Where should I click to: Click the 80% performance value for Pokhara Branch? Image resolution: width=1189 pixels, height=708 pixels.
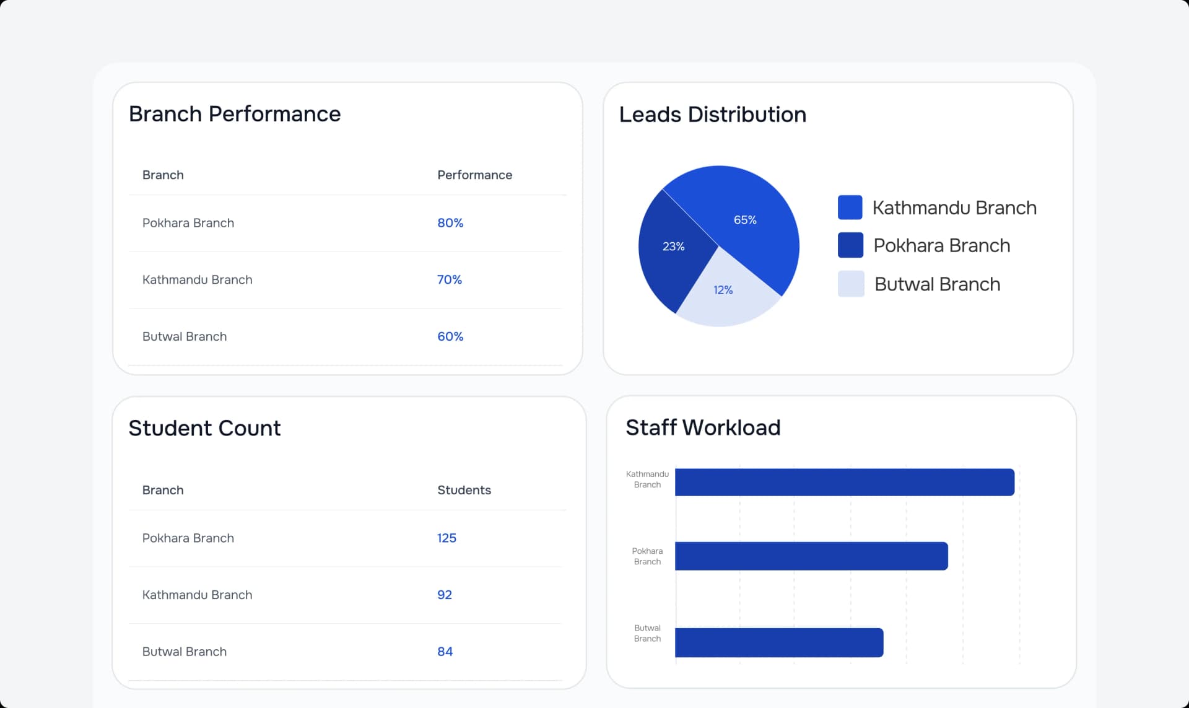point(450,223)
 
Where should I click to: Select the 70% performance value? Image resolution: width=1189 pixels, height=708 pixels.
point(450,280)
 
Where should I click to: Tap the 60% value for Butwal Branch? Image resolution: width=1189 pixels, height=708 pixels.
point(450,336)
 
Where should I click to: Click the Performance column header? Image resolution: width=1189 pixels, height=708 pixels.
point(474,175)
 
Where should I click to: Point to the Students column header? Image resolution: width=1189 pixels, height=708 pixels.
point(464,490)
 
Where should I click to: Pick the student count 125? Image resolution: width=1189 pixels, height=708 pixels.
point(446,538)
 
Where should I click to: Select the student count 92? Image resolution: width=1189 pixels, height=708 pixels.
point(445,595)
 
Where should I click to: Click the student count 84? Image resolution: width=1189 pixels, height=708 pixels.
point(445,652)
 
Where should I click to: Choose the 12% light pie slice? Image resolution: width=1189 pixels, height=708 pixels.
point(725,294)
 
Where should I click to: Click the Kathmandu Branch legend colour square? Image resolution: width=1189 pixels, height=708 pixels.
point(850,208)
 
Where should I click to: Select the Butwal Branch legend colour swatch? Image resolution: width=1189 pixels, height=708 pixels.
point(851,284)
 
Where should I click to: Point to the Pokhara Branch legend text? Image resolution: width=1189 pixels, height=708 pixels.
point(941,246)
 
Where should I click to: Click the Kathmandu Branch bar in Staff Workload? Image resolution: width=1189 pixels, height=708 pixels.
point(844,482)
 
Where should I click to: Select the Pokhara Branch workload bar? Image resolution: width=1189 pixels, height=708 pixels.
point(811,556)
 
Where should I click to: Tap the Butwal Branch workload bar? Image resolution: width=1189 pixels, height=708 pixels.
point(778,642)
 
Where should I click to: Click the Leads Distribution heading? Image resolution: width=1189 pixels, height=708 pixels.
point(712,115)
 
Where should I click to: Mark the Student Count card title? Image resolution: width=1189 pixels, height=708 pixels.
point(204,428)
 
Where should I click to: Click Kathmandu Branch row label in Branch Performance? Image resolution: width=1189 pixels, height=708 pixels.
point(197,280)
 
